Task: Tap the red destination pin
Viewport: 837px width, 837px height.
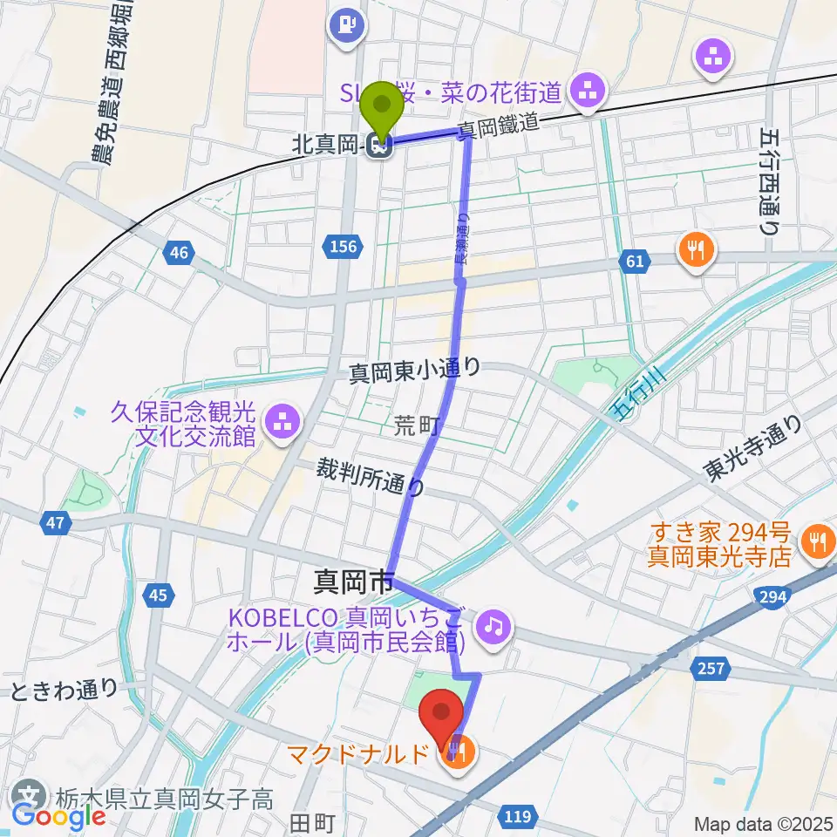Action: (441, 717)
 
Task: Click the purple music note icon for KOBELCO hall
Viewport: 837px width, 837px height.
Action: (493, 625)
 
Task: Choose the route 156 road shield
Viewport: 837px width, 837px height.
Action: (344, 247)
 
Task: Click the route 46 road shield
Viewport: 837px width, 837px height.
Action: (179, 253)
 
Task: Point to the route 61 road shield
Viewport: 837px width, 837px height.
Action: (634, 260)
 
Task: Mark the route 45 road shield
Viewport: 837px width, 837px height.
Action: (158, 595)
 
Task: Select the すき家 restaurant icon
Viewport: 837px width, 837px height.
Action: (818, 540)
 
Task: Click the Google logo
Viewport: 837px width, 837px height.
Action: (59, 815)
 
